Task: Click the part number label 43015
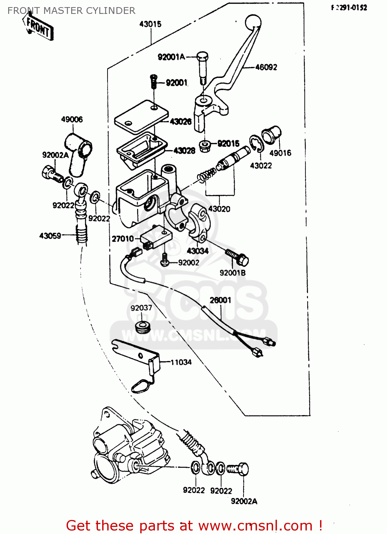[150, 24]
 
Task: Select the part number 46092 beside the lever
[266, 67]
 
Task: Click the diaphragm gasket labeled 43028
[142, 148]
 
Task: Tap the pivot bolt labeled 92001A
[202, 67]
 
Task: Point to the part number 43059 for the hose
[50, 236]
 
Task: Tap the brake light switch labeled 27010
[156, 236]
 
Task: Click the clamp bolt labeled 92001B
[237, 257]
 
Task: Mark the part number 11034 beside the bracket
[181, 362]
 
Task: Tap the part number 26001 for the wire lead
[220, 300]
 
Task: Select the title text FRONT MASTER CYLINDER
[71, 11]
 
